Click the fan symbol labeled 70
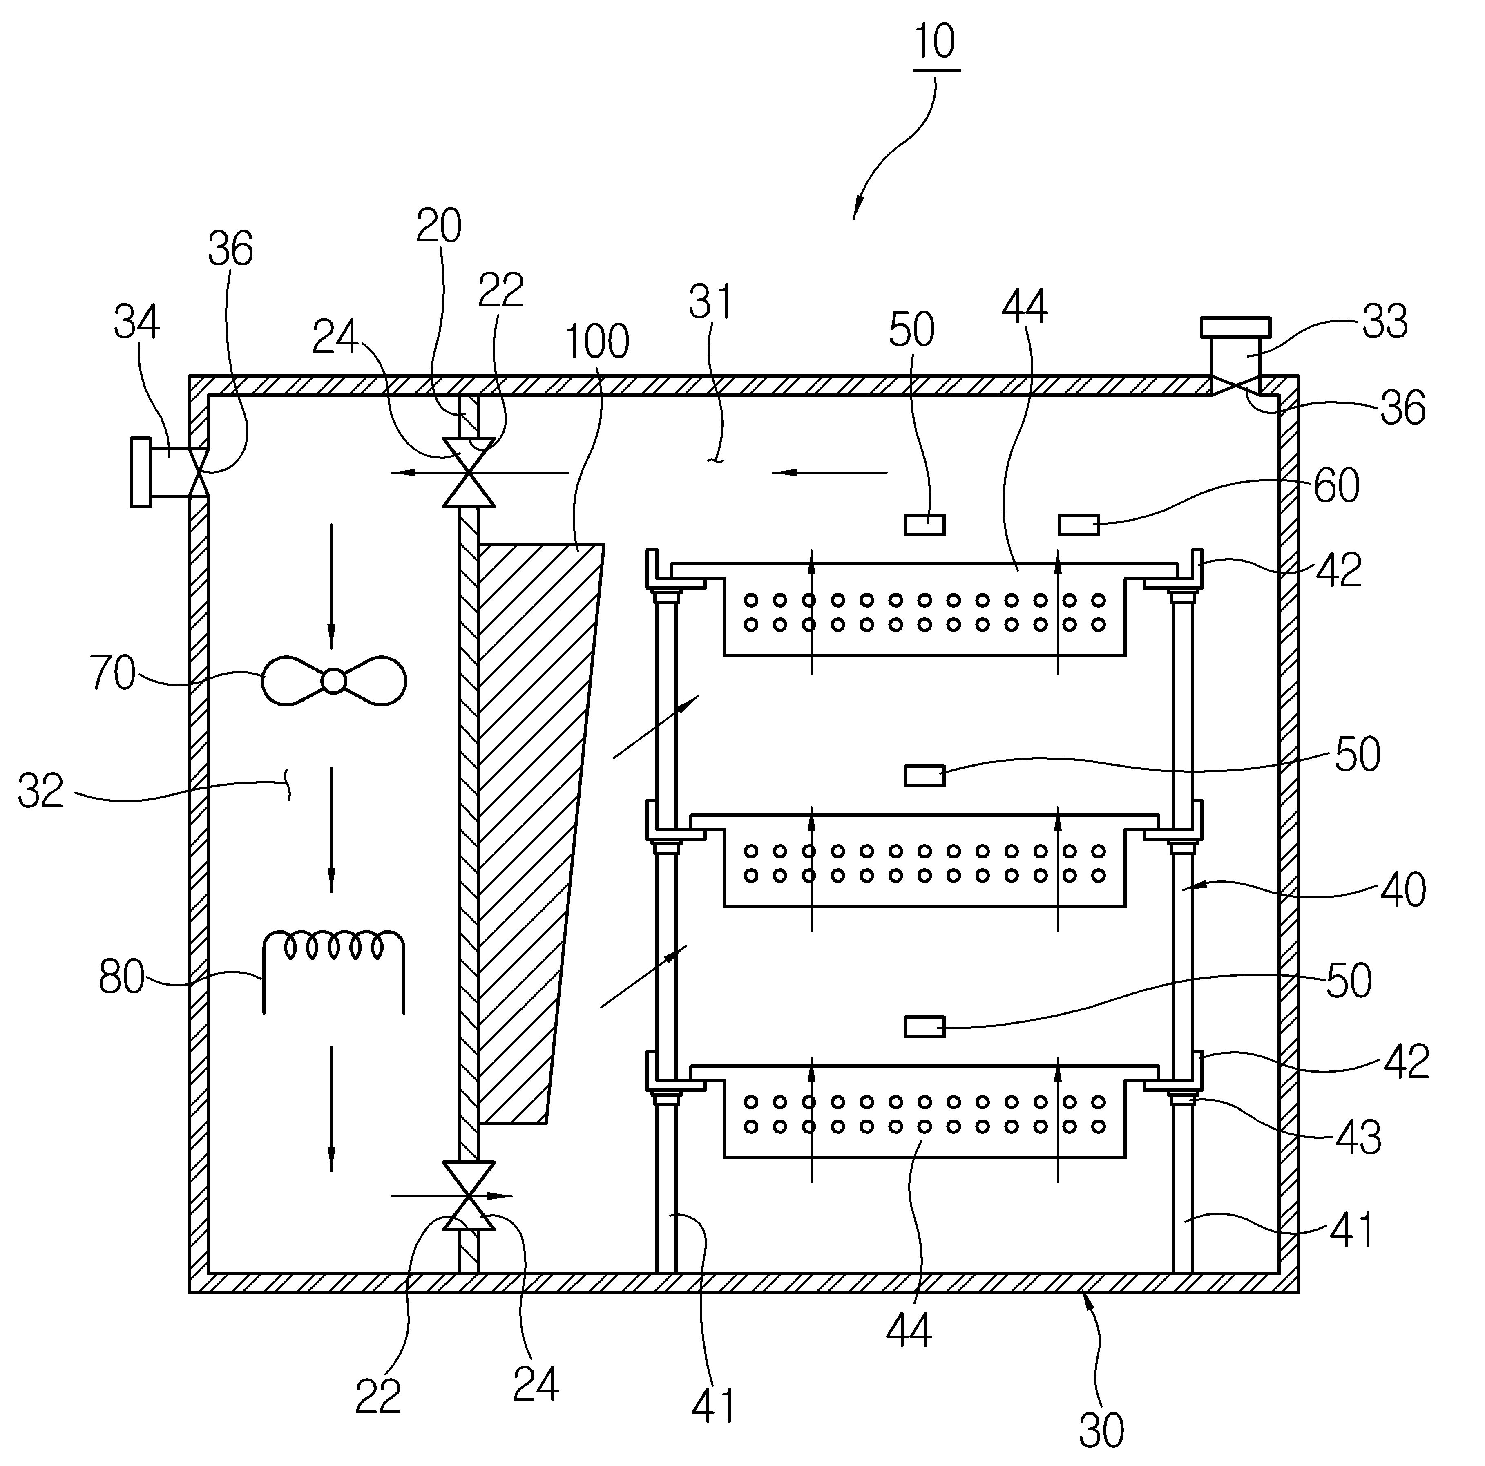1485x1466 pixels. click(334, 680)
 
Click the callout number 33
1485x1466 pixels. click(1385, 323)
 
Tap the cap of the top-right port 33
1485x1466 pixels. click(1235, 328)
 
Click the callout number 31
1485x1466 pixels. click(710, 302)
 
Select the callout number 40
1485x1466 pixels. click(1404, 889)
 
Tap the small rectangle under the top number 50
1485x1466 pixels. click(924, 525)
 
